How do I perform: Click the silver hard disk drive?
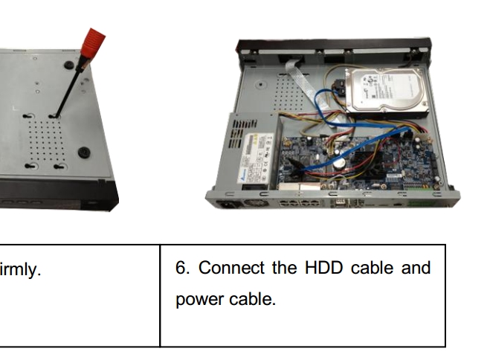coord(387,91)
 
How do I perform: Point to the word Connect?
coord(231,268)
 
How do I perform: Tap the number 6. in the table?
coord(182,268)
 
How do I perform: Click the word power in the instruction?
coord(199,299)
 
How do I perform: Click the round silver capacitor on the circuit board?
coord(338,163)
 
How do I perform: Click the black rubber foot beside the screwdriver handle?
coord(69,65)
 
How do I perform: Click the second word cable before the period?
coord(253,299)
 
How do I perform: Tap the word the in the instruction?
coord(284,268)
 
